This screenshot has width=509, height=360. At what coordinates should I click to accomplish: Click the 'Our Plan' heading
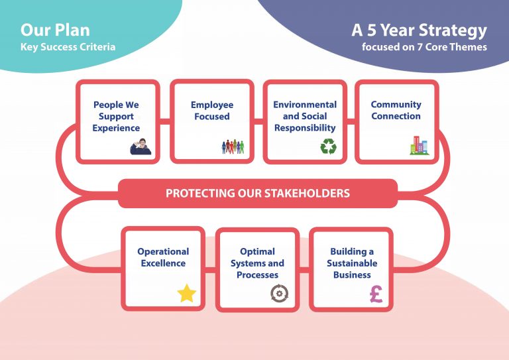[x=55, y=30]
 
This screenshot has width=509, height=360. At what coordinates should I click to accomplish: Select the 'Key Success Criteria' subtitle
[x=68, y=47]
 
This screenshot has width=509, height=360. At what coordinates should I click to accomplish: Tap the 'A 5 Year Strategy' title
[x=419, y=30]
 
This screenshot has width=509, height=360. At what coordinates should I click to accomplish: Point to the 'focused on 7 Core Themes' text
[x=424, y=47]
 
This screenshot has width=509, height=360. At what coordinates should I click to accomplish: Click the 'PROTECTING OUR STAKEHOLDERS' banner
[x=257, y=194]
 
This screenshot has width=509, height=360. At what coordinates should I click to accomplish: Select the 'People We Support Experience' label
[x=117, y=116]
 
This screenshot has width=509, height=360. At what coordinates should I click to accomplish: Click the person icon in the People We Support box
[x=141, y=146]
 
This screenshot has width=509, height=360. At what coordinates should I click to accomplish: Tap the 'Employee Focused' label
[x=211, y=111]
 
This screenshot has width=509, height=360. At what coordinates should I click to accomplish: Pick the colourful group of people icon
[x=233, y=146]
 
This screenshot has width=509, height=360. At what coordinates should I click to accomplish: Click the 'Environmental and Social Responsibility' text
[x=305, y=116]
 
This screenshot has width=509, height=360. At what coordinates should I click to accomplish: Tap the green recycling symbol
[x=328, y=146]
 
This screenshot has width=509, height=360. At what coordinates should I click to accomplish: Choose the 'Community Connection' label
[x=396, y=111]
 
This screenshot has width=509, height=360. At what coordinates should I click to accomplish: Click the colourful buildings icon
[x=419, y=145]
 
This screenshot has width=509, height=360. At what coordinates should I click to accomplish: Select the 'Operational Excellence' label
[x=163, y=257]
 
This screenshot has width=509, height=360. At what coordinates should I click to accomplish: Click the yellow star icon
[x=187, y=293]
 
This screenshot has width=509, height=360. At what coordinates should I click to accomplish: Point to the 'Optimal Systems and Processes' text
[x=257, y=263]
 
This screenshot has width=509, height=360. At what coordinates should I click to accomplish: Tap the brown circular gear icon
[x=280, y=293]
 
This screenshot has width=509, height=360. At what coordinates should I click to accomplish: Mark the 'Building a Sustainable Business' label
[x=352, y=263]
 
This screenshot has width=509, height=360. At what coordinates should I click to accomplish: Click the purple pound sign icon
[x=376, y=293]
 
